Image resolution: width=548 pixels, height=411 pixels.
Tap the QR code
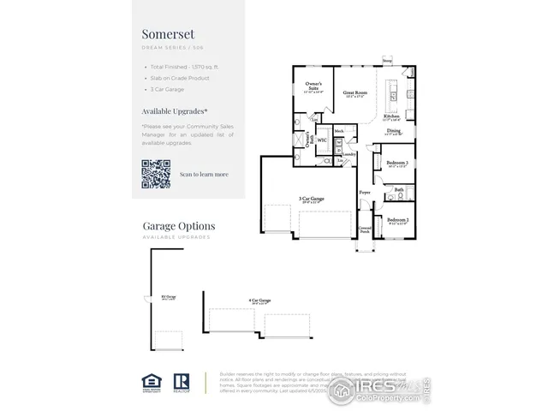click(x=156, y=174)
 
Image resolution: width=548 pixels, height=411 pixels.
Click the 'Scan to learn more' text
click(x=204, y=174)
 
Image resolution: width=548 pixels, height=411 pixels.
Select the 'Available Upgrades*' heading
click(x=174, y=111)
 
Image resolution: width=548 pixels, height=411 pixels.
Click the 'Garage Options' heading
click(x=179, y=226)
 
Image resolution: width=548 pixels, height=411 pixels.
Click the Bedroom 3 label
click(x=396, y=162)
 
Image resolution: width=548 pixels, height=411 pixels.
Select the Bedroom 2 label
click(x=396, y=220)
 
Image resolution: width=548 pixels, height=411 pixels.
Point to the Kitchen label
click(x=391, y=116)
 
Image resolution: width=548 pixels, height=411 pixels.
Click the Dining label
click(x=393, y=130)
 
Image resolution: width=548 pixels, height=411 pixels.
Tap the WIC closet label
click(x=322, y=138)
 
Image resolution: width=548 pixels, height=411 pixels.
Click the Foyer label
click(x=365, y=193)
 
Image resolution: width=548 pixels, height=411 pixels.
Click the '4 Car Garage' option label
click(x=259, y=301)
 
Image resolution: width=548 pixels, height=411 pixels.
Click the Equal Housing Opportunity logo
click(x=149, y=382)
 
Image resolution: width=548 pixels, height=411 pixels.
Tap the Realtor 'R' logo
click(x=182, y=382)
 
